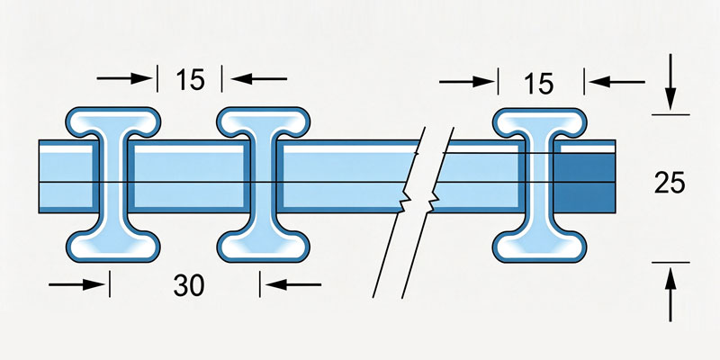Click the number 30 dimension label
pos(189,285)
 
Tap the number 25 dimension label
pos(670,184)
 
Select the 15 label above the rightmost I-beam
pos(539,84)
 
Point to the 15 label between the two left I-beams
pos(190,80)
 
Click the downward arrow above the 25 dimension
pos(670,82)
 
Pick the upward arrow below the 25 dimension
pos(670,295)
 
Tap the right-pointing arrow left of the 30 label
pos(76,284)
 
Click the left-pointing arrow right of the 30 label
pos(293,284)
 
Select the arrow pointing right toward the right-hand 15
pos(466,82)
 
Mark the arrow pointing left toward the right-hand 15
pos(616,82)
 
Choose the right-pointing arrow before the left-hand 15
pos(124,78)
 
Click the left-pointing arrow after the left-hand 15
pos(259,79)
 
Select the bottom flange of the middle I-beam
pos(263,246)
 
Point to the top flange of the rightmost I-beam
pos(539,122)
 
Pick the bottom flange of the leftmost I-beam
pos(113,246)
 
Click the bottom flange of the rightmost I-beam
pos(539,247)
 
